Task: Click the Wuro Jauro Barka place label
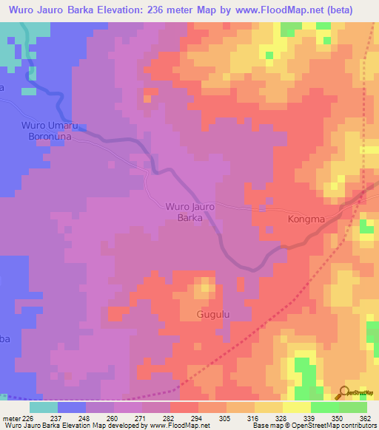(x=190, y=212)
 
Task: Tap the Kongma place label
(x=306, y=219)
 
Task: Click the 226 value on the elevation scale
(x=24, y=418)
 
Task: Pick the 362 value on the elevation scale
(x=364, y=418)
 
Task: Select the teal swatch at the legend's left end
(x=43, y=407)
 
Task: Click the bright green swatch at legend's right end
(x=352, y=407)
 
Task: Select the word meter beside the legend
(x=9, y=418)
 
